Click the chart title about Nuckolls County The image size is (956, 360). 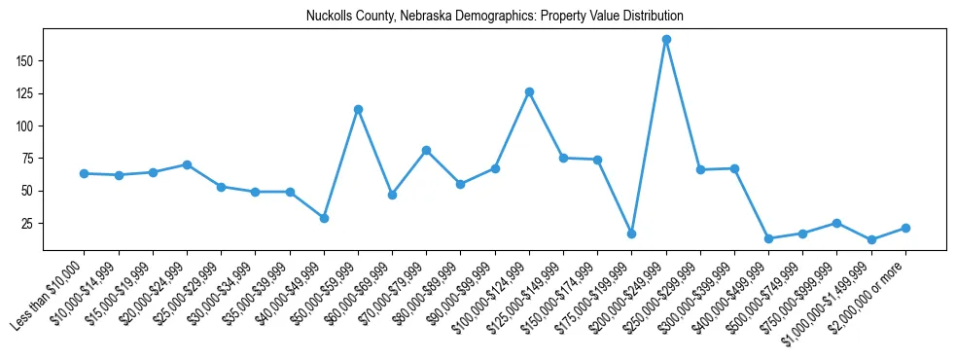point(494,17)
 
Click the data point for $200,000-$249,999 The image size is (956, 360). point(666,40)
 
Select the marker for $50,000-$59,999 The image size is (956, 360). point(358,109)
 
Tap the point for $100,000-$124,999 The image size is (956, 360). point(529,91)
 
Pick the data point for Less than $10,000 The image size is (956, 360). point(84,173)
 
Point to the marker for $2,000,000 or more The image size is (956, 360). point(905,228)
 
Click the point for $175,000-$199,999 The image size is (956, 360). point(631,234)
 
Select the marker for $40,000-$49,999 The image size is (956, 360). point(324,218)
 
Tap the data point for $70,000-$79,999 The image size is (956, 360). point(426,150)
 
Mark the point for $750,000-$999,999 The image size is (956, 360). point(836,223)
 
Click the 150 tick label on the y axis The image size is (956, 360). point(25,60)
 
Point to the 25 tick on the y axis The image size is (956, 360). point(28,223)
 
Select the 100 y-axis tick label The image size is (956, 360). point(25,126)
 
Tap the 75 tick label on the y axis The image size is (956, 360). point(28,159)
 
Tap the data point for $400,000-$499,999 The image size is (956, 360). point(768,238)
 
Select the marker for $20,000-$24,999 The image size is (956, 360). point(186,164)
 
